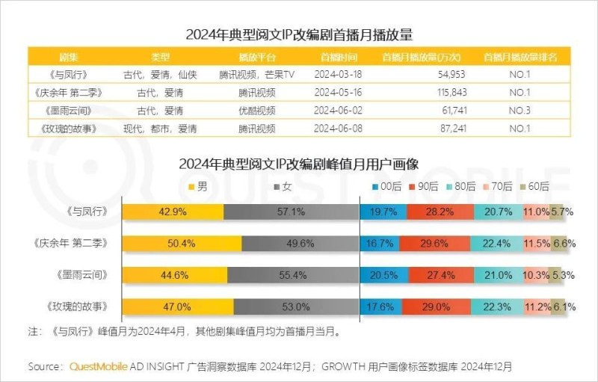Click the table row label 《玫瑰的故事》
[69, 128]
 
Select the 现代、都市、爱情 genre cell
[161, 128]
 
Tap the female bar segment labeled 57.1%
[292, 212]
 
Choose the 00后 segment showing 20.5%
[383, 274]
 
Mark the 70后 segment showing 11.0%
[536, 212]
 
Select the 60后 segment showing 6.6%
[564, 243]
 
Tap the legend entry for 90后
[424, 186]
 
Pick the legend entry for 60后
[533, 186]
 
